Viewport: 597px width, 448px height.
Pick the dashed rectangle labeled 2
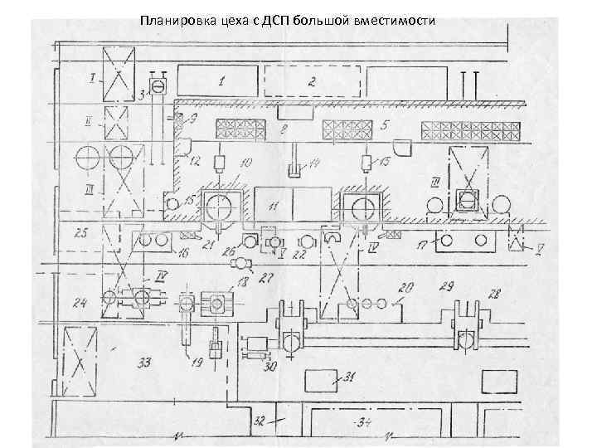tap(313, 82)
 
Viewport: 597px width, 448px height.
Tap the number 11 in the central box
tap(274, 204)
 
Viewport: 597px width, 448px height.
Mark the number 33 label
tap(144, 362)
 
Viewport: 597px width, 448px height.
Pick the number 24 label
tap(80, 303)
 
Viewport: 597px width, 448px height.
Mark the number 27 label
tap(267, 277)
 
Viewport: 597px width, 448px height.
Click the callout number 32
tap(260, 421)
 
